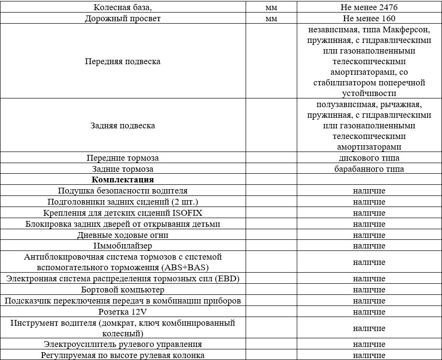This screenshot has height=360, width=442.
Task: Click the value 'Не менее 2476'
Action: (369, 8)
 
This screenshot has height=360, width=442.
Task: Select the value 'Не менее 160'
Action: (369, 19)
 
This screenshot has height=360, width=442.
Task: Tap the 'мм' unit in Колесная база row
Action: (271, 8)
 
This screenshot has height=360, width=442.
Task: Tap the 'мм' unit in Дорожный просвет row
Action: (271, 19)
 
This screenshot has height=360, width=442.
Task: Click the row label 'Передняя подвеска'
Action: (123, 62)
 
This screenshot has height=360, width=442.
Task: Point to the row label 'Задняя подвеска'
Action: (123, 125)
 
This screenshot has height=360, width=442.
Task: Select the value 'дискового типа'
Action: (369, 158)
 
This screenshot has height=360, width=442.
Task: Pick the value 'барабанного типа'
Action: (369, 169)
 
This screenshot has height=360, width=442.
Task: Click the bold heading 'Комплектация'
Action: (123, 180)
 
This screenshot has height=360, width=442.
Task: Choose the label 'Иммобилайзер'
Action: (123, 246)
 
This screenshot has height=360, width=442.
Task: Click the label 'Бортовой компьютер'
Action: (123, 290)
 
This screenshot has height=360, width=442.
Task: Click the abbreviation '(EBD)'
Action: (230, 279)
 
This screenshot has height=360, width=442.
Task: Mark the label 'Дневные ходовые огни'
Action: (123, 235)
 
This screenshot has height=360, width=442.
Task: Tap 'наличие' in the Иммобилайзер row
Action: (369, 246)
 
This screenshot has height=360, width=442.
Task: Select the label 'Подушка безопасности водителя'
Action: (123, 191)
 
